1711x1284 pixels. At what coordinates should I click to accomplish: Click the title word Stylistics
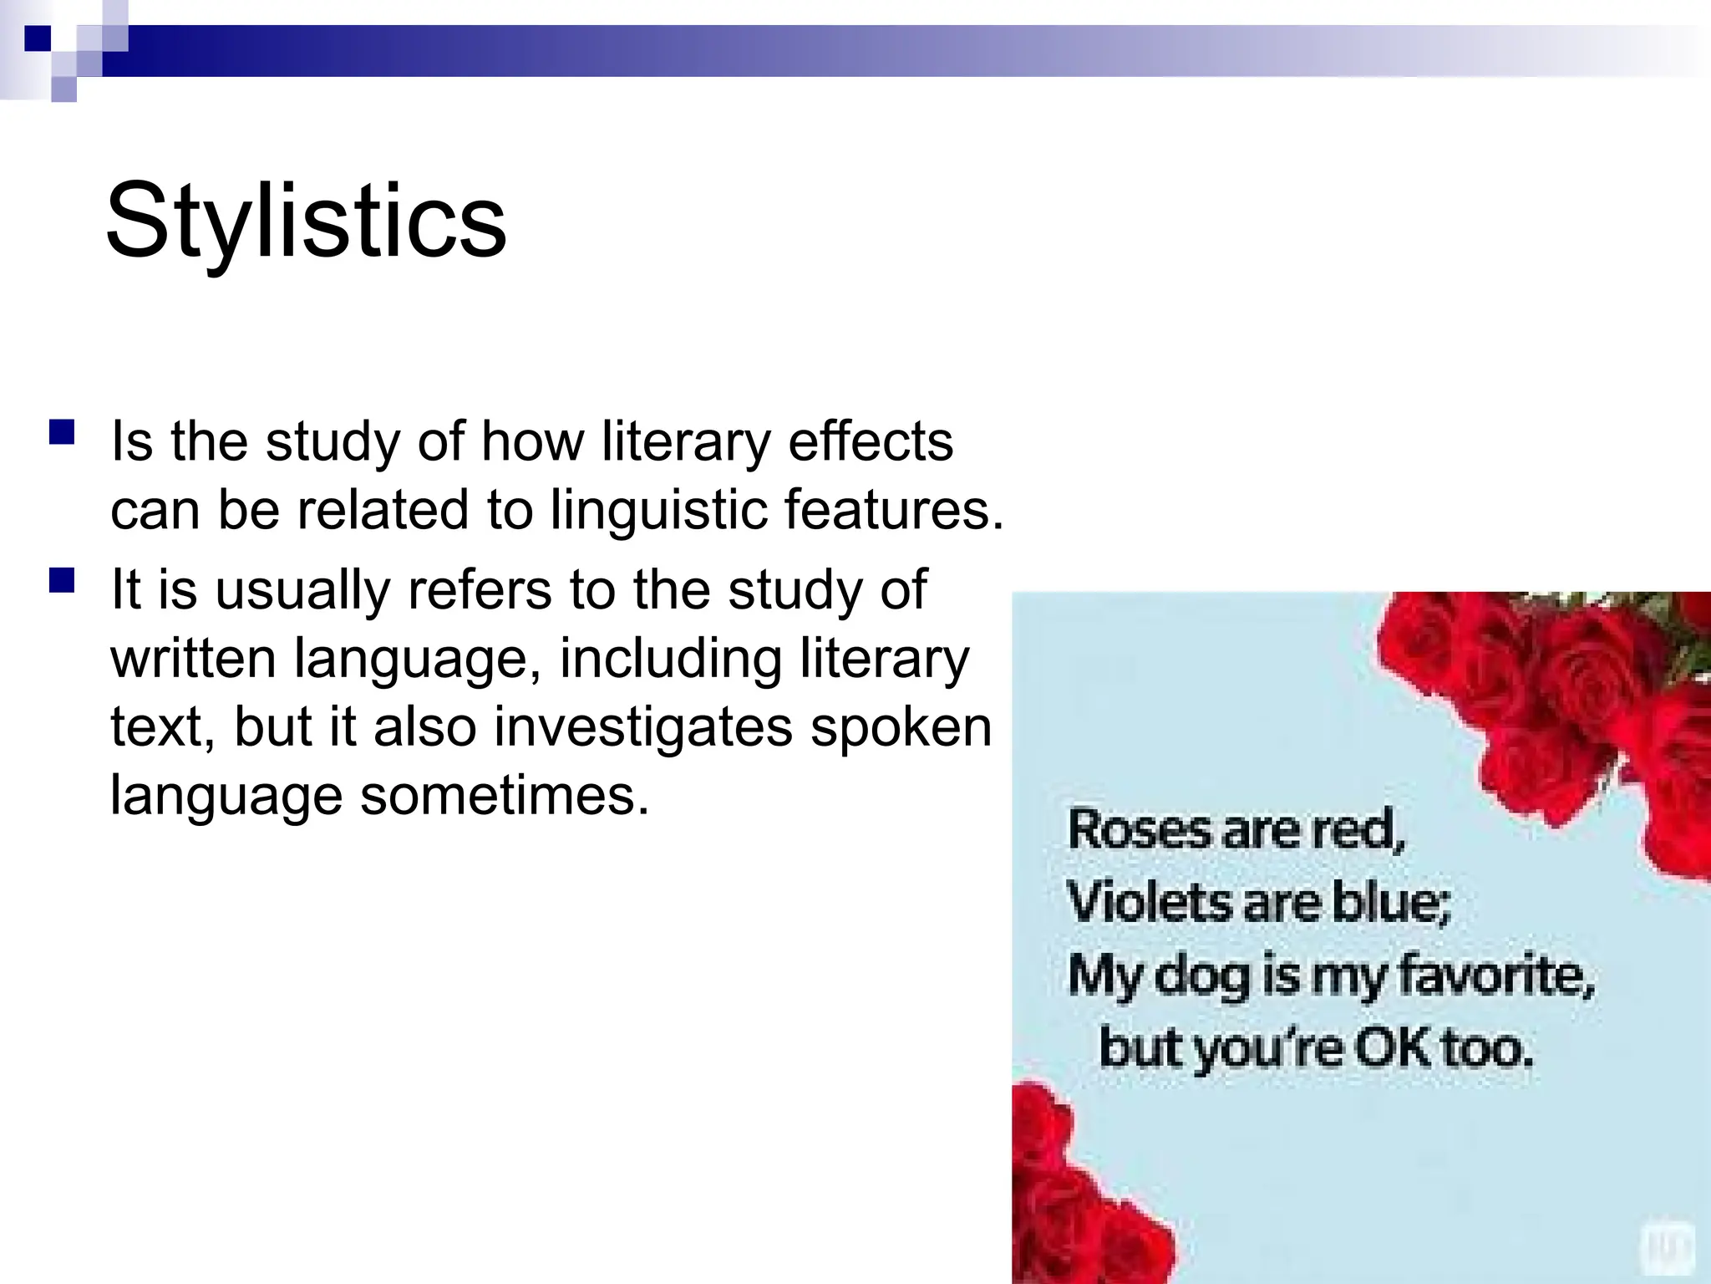tap(306, 221)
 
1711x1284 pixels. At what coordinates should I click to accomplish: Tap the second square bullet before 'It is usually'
tap(62, 581)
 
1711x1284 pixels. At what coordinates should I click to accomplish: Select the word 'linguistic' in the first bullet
tap(657, 511)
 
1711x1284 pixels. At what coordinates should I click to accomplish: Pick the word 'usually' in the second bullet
tap(302, 590)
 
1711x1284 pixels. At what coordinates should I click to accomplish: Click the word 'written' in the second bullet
tap(193, 659)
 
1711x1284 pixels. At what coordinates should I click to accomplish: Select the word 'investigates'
tap(642, 727)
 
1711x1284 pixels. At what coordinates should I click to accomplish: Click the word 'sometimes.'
tap(505, 795)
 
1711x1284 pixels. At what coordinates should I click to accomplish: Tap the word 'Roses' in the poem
tap(1139, 830)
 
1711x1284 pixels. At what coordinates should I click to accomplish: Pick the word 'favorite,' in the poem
tap(1495, 975)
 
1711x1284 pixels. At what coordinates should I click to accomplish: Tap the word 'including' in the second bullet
tap(670, 659)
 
